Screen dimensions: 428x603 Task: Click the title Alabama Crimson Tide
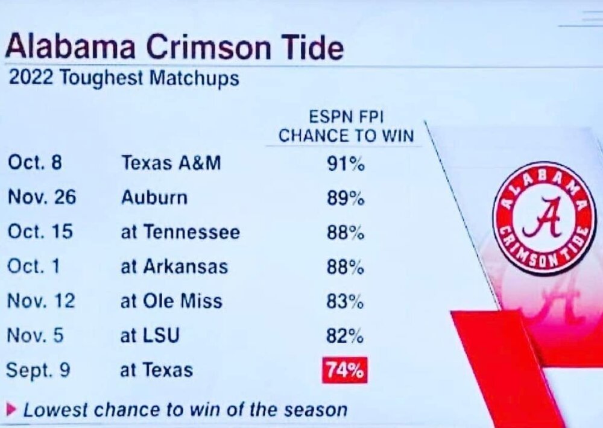pos(174,48)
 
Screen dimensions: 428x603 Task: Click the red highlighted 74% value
pos(345,370)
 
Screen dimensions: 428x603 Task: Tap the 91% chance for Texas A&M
pos(346,164)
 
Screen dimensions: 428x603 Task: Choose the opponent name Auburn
pos(154,198)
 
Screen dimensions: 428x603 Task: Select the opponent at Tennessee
pos(180,232)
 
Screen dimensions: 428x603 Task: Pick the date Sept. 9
pos(39,370)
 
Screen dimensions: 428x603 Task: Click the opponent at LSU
pos(150,336)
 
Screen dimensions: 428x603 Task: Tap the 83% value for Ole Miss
pos(345,301)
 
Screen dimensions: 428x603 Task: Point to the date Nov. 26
pos(42,198)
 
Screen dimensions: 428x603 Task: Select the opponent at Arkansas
pos(174,266)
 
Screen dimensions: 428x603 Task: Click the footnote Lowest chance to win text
pos(185,410)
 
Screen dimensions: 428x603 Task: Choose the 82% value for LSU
pos(345,336)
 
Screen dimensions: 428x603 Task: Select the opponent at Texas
pos(157,370)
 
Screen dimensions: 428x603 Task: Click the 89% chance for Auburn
pos(346,198)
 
